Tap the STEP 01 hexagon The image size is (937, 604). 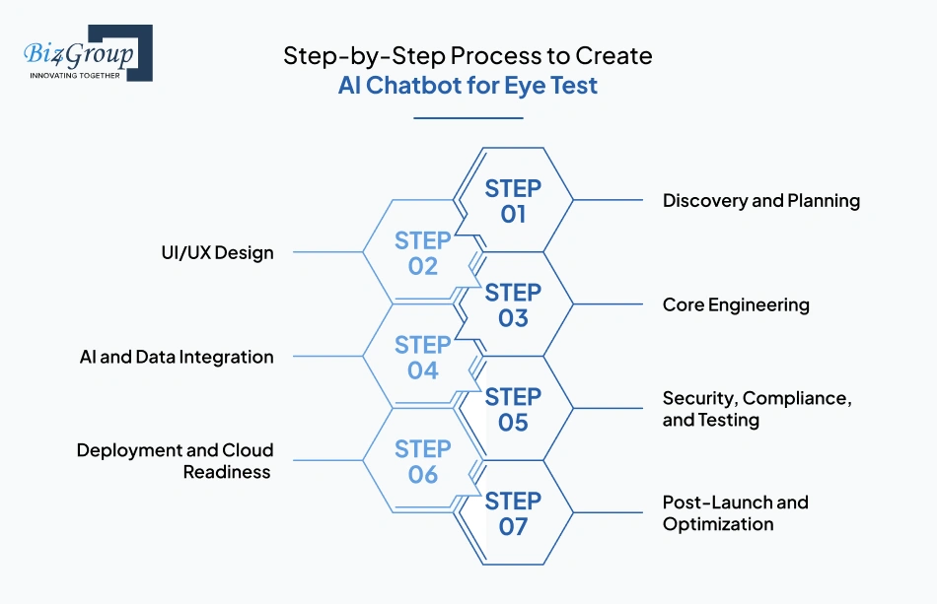pyautogui.click(x=513, y=201)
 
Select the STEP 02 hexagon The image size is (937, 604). pyautogui.click(x=422, y=253)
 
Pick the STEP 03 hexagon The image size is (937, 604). pyautogui.click(x=513, y=305)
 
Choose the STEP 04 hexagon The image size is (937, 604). pyautogui.click(x=422, y=358)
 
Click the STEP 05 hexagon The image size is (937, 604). pyautogui.click(x=513, y=410)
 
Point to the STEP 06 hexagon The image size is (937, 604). pyautogui.click(x=422, y=461)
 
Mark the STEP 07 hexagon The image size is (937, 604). pyautogui.click(x=513, y=514)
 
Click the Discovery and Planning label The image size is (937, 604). pyautogui.click(x=760, y=201)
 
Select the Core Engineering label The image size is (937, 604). pyautogui.click(x=735, y=305)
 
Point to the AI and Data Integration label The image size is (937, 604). pyautogui.click(x=177, y=357)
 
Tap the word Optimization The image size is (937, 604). pyautogui.click(x=717, y=524)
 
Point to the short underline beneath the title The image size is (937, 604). pyautogui.click(x=468, y=118)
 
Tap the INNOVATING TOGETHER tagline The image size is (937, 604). pyautogui.click(x=75, y=75)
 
